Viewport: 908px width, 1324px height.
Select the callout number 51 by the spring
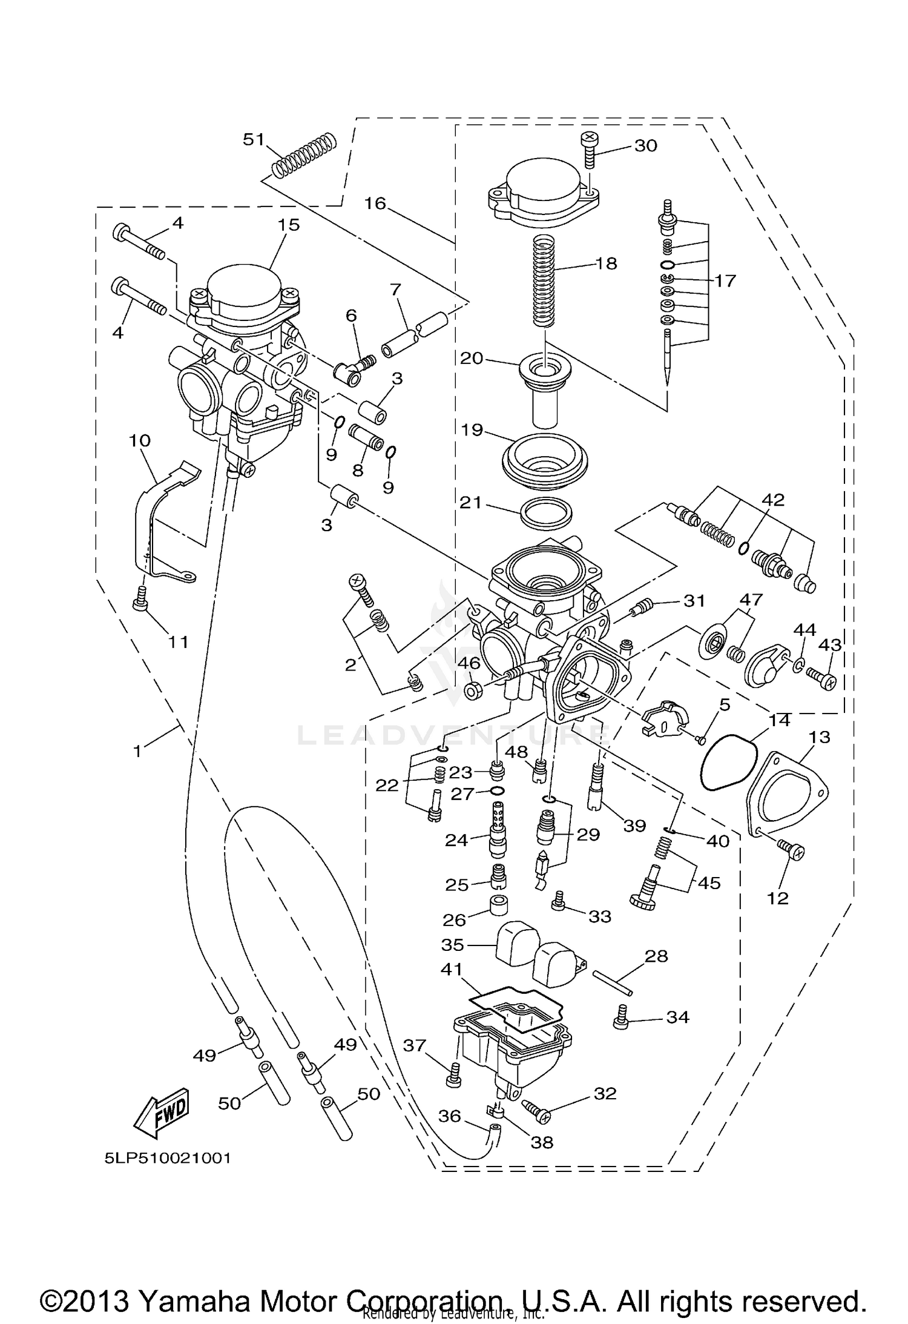[x=254, y=139]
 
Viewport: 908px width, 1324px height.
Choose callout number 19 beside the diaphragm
[x=472, y=430]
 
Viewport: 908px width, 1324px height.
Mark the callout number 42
[x=773, y=500]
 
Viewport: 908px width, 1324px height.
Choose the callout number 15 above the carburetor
[x=289, y=225]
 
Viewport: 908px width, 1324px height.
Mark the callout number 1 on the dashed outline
[x=137, y=751]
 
